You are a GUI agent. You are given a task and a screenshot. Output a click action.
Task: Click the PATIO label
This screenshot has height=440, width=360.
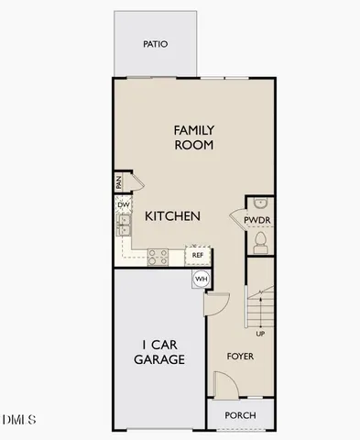tap(155, 43)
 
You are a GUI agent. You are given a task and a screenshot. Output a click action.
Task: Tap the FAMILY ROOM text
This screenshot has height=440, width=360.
tap(193, 137)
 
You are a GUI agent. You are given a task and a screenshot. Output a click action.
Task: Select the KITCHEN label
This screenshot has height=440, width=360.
tap(172, 217)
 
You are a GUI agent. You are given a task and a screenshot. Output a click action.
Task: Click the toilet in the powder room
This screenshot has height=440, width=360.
tap(259, 242)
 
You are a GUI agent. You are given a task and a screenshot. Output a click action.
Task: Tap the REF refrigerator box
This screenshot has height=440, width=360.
tap(197, 255)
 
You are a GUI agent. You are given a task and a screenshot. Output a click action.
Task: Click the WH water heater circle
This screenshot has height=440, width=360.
tap(201, 279)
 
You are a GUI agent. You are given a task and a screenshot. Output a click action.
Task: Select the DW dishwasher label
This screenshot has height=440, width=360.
tap(122, 204)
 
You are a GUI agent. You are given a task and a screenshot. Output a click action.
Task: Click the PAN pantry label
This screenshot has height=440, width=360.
tap(120, 182)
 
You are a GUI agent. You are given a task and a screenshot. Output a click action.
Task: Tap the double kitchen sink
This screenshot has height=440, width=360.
tap(123, 225)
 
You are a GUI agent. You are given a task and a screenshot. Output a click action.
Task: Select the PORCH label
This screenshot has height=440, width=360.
tap(240, 415)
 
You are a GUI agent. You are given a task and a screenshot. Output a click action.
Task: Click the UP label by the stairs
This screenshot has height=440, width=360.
tap(261, 333)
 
